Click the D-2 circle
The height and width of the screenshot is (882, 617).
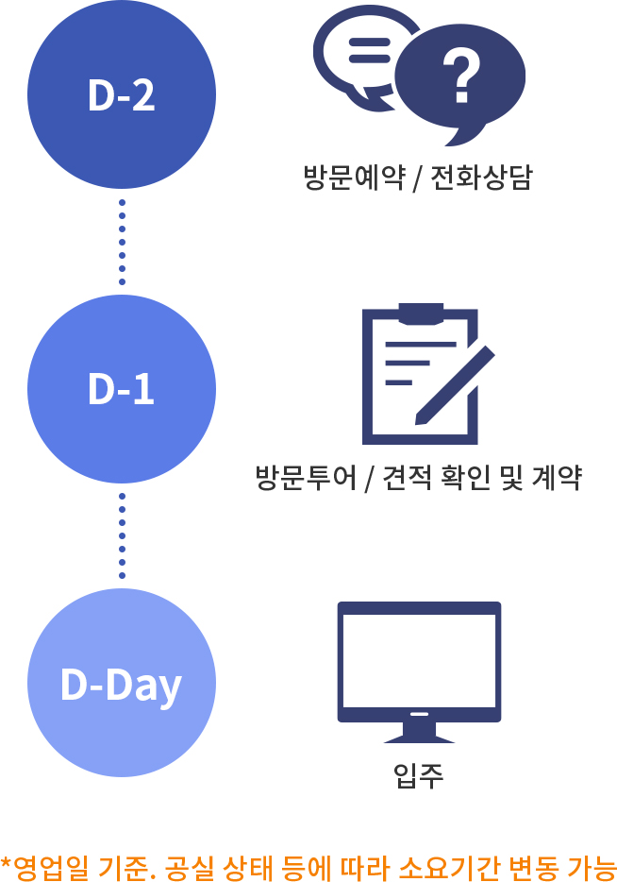coord(122,93)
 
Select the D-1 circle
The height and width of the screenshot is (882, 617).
coord(122,389)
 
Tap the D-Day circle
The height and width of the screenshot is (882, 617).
coord(122,683)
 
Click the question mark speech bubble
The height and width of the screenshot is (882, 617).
coord(460,81)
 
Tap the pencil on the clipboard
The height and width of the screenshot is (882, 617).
coord(455,386)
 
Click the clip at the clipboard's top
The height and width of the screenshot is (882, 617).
coord(421,314)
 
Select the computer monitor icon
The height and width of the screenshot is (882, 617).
coord(419,672)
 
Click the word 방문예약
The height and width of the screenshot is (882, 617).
coord(354,178)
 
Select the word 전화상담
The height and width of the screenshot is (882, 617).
coord(480,178)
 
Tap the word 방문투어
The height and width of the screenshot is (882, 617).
coord(306,478)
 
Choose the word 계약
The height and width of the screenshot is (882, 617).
coord(557,478)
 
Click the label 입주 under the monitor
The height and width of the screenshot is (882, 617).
coord(419,775)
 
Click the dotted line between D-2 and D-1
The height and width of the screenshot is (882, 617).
coord(122,242)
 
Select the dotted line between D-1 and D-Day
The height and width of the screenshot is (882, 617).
coord(122,536)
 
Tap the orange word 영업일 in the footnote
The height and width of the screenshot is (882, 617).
coord(50,867)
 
